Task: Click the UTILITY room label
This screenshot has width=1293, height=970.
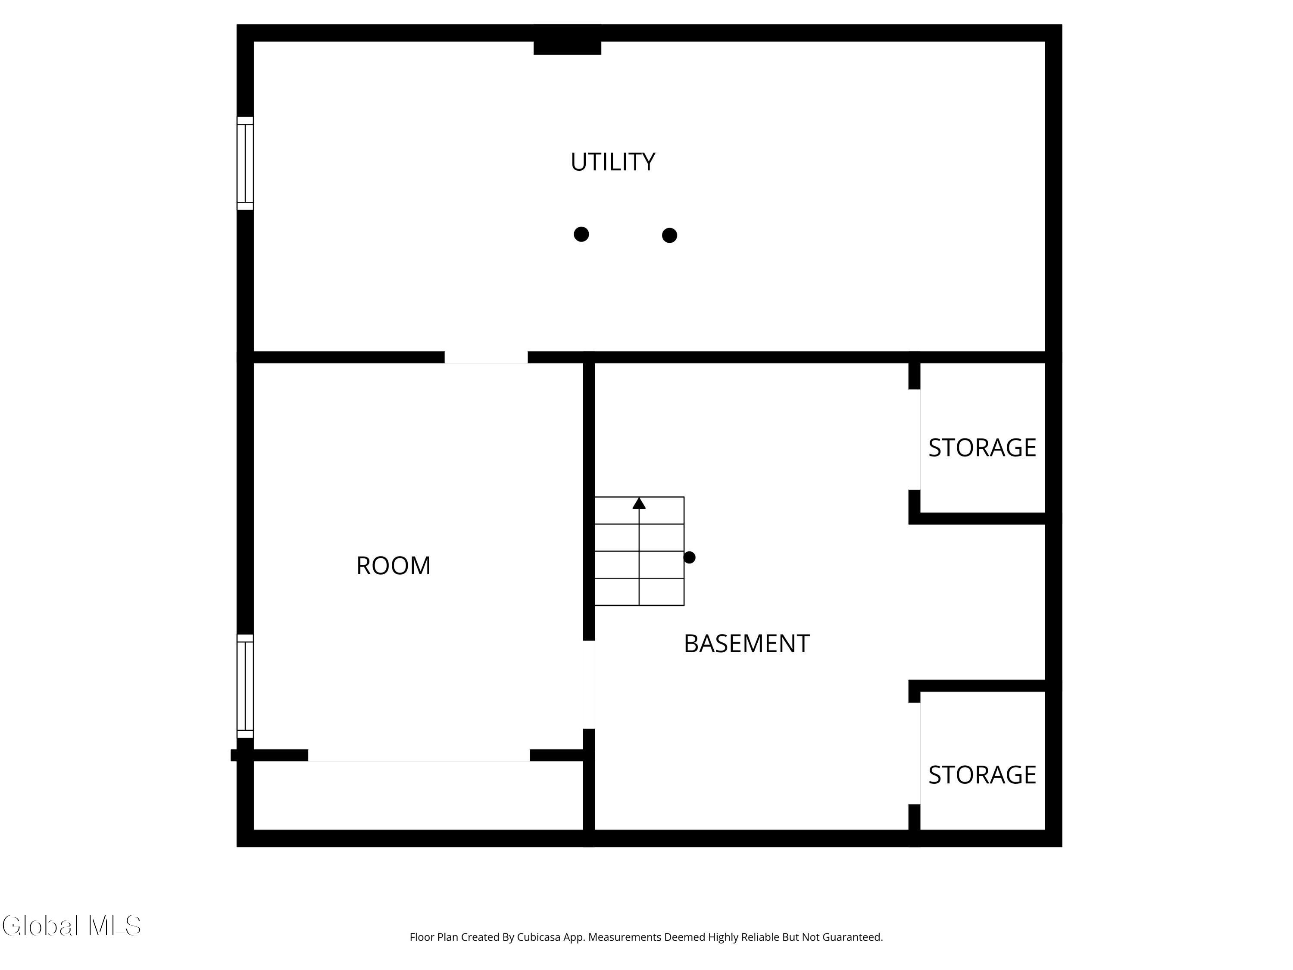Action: [612, 162]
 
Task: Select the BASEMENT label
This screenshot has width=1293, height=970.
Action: [746, 644]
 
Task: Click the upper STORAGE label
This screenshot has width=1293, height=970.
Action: [982, 448]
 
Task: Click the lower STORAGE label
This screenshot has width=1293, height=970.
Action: [982, 775]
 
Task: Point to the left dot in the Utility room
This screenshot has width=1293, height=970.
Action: [581, 234]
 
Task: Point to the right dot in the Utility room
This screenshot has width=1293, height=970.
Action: [669, 235]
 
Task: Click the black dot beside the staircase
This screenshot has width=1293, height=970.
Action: [690, 557]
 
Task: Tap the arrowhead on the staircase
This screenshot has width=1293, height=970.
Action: [639, 503]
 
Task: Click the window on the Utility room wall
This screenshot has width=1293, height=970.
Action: [245, 163]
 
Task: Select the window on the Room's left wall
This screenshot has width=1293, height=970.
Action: [245, 686]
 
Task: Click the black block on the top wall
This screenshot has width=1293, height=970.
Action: [567, 40]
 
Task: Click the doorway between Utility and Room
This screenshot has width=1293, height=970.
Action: [486, 357]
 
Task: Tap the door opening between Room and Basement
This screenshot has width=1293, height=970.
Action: [589, 685]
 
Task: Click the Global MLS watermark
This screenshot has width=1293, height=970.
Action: [71, 926]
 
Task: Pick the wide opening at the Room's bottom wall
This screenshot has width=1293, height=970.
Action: [419, 755]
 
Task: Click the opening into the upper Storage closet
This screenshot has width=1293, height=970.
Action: [914, 440]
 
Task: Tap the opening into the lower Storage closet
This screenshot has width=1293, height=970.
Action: [914, 754]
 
